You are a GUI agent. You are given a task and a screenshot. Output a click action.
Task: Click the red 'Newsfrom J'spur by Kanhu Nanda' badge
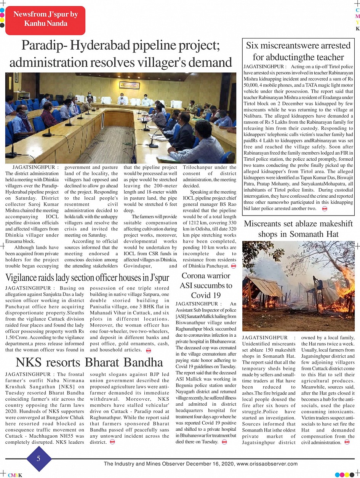(45, 19)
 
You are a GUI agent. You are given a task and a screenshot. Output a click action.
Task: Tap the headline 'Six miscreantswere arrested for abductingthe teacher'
(298, 51)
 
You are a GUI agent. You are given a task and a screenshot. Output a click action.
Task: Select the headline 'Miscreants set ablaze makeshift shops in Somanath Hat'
(298, 229)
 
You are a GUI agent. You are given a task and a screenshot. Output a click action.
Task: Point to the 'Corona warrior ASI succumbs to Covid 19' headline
(206, 285)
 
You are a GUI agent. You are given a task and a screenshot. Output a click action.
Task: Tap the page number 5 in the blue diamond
(38, 459)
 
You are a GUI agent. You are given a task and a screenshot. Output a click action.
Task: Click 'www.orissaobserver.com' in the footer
(267, 464)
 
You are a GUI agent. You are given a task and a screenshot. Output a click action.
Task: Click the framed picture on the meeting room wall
(129, 85)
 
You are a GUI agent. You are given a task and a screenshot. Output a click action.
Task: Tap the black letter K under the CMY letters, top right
(357, 29)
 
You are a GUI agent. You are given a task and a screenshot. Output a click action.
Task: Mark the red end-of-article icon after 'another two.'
(325, 208)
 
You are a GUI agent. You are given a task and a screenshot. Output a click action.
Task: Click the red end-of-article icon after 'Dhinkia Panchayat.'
(233, 265)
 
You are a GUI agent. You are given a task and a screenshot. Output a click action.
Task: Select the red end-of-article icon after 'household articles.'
(149, 350)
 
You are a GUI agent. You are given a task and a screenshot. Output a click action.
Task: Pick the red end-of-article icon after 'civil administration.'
(347, 442)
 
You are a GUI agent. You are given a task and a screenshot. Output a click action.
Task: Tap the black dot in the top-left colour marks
(2, 26)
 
